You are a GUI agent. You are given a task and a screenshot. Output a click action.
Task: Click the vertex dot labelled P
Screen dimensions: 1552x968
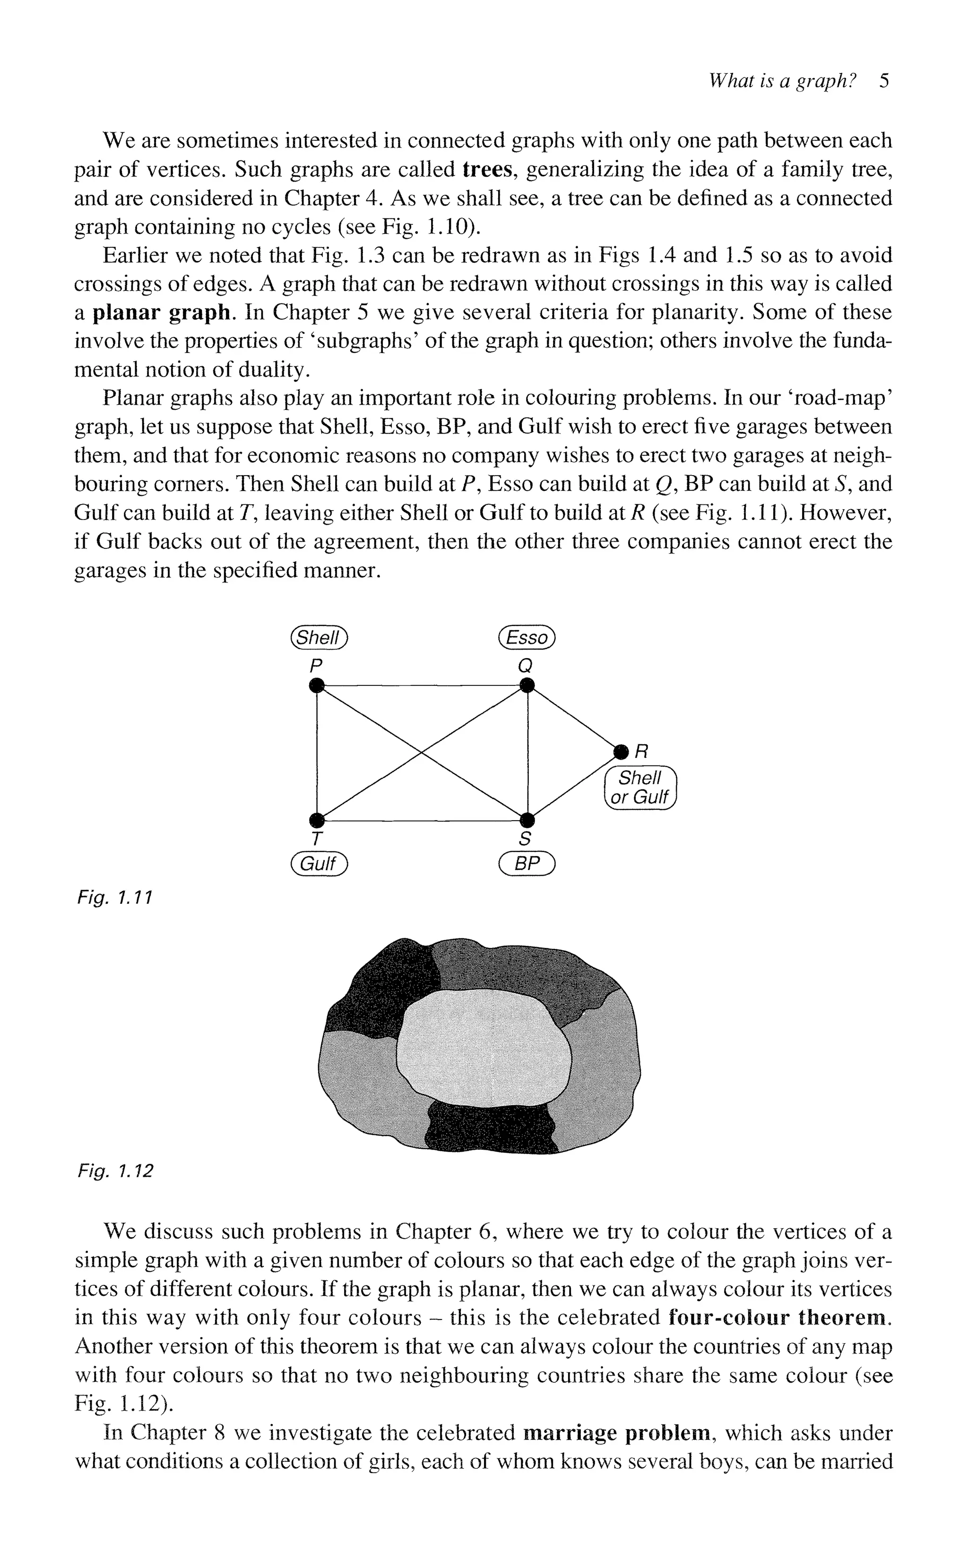[316, 686]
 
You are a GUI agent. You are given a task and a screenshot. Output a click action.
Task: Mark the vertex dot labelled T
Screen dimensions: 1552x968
[316, 820]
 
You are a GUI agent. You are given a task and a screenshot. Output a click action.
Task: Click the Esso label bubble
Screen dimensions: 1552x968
[527, 637]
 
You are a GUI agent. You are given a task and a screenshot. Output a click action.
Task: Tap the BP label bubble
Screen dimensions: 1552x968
[527, 864]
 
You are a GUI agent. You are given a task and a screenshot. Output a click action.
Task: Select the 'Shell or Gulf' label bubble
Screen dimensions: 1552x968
[640, 788]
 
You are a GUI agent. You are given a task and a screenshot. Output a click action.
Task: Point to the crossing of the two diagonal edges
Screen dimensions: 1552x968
[421, 753]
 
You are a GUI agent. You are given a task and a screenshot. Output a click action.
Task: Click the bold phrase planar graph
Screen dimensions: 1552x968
[161, 312]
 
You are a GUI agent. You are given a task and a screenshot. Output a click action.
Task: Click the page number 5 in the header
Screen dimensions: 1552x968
[884, 81]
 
